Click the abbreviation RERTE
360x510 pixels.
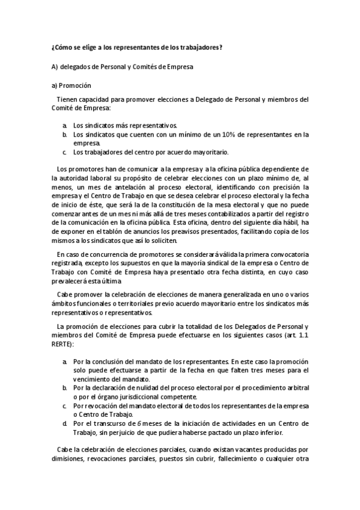pos(63,343)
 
